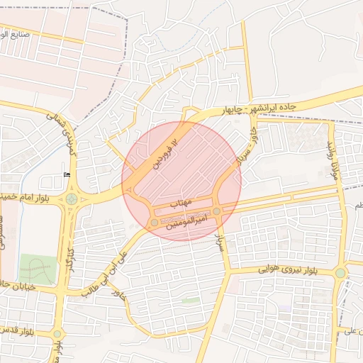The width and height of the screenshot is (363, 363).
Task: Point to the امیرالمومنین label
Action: tap(186, 224)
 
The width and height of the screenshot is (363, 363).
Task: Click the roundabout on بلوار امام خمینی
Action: tap(72, 199)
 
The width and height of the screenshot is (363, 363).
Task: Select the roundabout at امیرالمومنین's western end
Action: tap(155, 223)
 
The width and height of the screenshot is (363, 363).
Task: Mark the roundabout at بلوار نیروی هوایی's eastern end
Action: tap(340, 272)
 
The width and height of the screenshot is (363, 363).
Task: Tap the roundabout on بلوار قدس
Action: tap(57, 334)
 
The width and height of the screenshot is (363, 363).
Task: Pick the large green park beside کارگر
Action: tap(38, 269)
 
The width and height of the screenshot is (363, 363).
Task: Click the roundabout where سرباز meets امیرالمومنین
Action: tap(216, 211)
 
